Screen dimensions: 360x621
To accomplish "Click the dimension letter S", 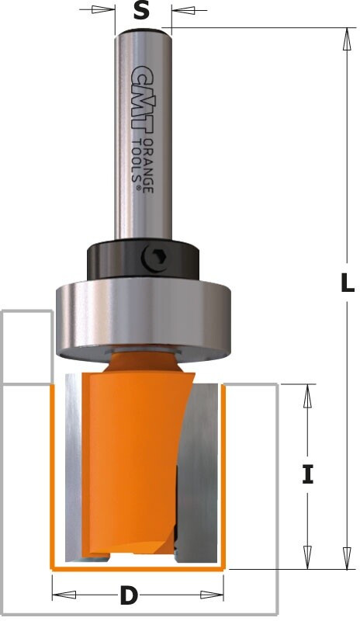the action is [x=141, y=12].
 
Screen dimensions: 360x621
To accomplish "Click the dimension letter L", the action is [x=348, y=283].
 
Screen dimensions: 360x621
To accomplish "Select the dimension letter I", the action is [x=308, y=474].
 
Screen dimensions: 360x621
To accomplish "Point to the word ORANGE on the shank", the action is [x=147, y=165].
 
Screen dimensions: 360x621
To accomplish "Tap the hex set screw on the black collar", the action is [x=154, y=258].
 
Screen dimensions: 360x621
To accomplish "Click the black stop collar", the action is [x=143, y=259].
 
